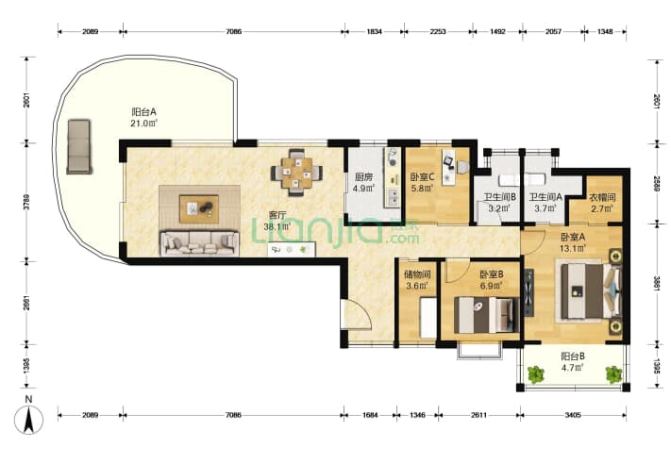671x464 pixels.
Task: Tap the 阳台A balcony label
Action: point(143,112)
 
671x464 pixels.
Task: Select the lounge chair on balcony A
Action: point(78,147)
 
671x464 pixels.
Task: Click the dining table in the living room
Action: point(296,173)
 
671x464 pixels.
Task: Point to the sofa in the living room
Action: point(199,243)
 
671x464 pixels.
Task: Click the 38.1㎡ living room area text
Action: point(277,227)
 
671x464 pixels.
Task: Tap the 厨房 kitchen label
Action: point(363,177)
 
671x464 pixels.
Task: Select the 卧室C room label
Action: point(422,176)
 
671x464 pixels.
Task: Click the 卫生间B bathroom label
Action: point(499,197)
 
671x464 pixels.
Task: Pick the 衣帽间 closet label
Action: point(602,197)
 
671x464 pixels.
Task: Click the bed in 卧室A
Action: point(591,291)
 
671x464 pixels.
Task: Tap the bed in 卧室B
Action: point(486,315)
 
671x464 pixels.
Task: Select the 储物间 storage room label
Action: point(417,274)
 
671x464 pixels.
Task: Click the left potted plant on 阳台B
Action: point(535,374)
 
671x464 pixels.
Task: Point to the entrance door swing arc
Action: point(363,312)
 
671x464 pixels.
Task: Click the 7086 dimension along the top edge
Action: point(234,31)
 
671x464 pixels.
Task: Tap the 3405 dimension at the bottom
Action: point(573,415)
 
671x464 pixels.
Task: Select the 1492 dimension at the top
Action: point(497,31)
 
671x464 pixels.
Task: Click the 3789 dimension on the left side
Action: point(26,202)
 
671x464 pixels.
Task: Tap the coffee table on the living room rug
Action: point(199,209)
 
